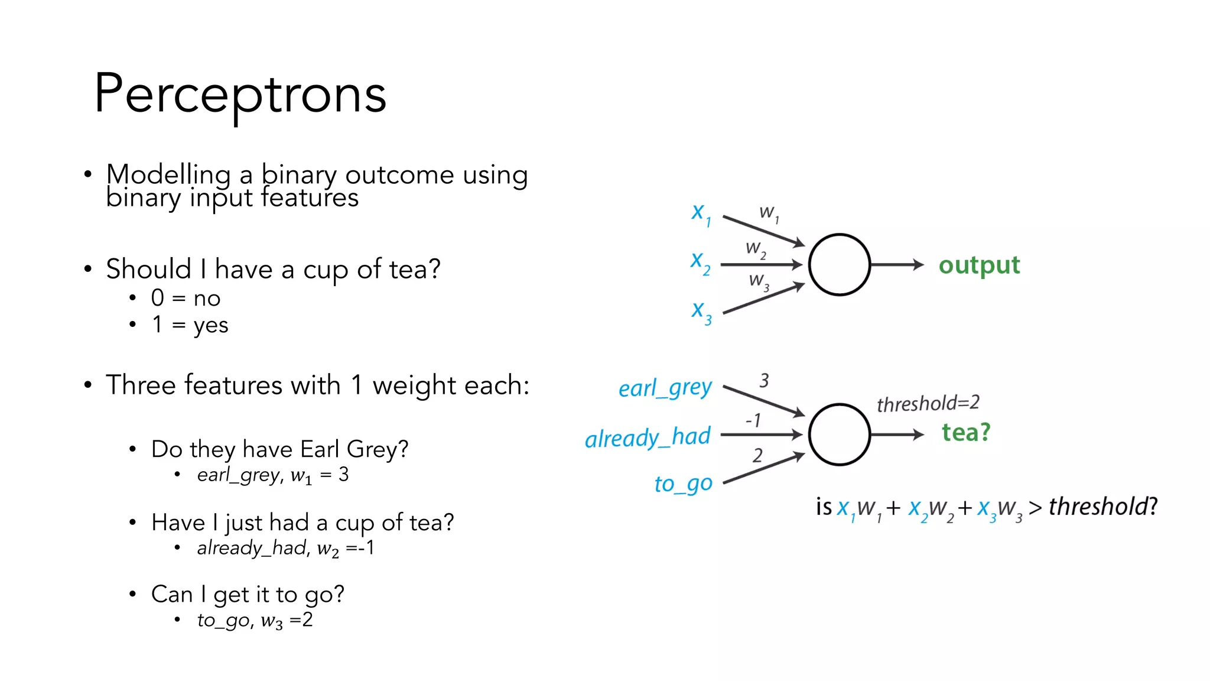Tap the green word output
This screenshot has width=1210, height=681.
point(979,265)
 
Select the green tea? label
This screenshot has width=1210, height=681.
point(966,433)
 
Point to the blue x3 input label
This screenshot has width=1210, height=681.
point(701,312)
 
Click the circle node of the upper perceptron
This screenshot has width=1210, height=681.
point(839,265)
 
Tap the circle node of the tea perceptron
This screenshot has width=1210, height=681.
point(839,434)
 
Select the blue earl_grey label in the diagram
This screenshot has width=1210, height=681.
point(665,388)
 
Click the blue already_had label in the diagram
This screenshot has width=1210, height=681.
point(648,437)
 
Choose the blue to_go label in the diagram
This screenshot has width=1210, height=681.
point(683,484)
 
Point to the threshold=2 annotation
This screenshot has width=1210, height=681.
point(928,404)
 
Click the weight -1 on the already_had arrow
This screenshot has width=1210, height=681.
point(753,420)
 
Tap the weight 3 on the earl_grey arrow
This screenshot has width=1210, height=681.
point(764,380)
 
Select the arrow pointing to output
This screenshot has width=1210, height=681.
point(897,265)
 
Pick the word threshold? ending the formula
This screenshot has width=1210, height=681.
point(1102,507)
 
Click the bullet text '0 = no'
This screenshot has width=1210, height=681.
point(186,298)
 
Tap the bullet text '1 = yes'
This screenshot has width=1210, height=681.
point(190,325)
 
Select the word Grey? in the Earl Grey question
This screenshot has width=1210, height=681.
point(378,449)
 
